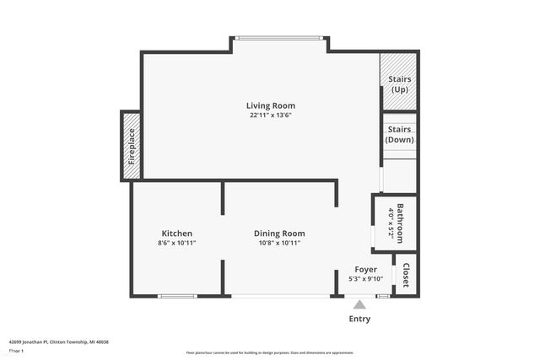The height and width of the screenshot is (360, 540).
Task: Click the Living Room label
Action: click(270, 105)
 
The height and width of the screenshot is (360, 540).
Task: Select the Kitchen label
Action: click(177, 234)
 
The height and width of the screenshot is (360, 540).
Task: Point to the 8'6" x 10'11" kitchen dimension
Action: click(177, 243)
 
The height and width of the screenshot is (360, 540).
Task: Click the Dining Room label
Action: click(279, 234)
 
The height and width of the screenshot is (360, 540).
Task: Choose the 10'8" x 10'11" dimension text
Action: click(279, 243)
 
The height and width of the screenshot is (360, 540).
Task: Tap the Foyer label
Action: click(365, 270)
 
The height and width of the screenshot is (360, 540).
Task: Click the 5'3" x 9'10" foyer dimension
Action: click(365, 279)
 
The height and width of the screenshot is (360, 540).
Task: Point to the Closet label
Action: click(406, 275)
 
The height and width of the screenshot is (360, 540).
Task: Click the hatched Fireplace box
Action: click(132, 146)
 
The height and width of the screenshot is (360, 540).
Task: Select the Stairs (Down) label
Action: click(399, 134)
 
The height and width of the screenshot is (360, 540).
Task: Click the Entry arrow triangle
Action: click(359, 304)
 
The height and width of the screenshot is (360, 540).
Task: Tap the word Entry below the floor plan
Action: click(359, 320)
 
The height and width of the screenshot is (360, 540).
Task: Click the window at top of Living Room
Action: click(279, 38)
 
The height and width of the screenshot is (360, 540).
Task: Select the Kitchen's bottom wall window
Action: click(177, 296)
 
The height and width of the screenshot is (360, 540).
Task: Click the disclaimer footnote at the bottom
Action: click(270, 352)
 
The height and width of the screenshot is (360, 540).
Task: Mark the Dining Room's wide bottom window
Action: click(281, 296)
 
